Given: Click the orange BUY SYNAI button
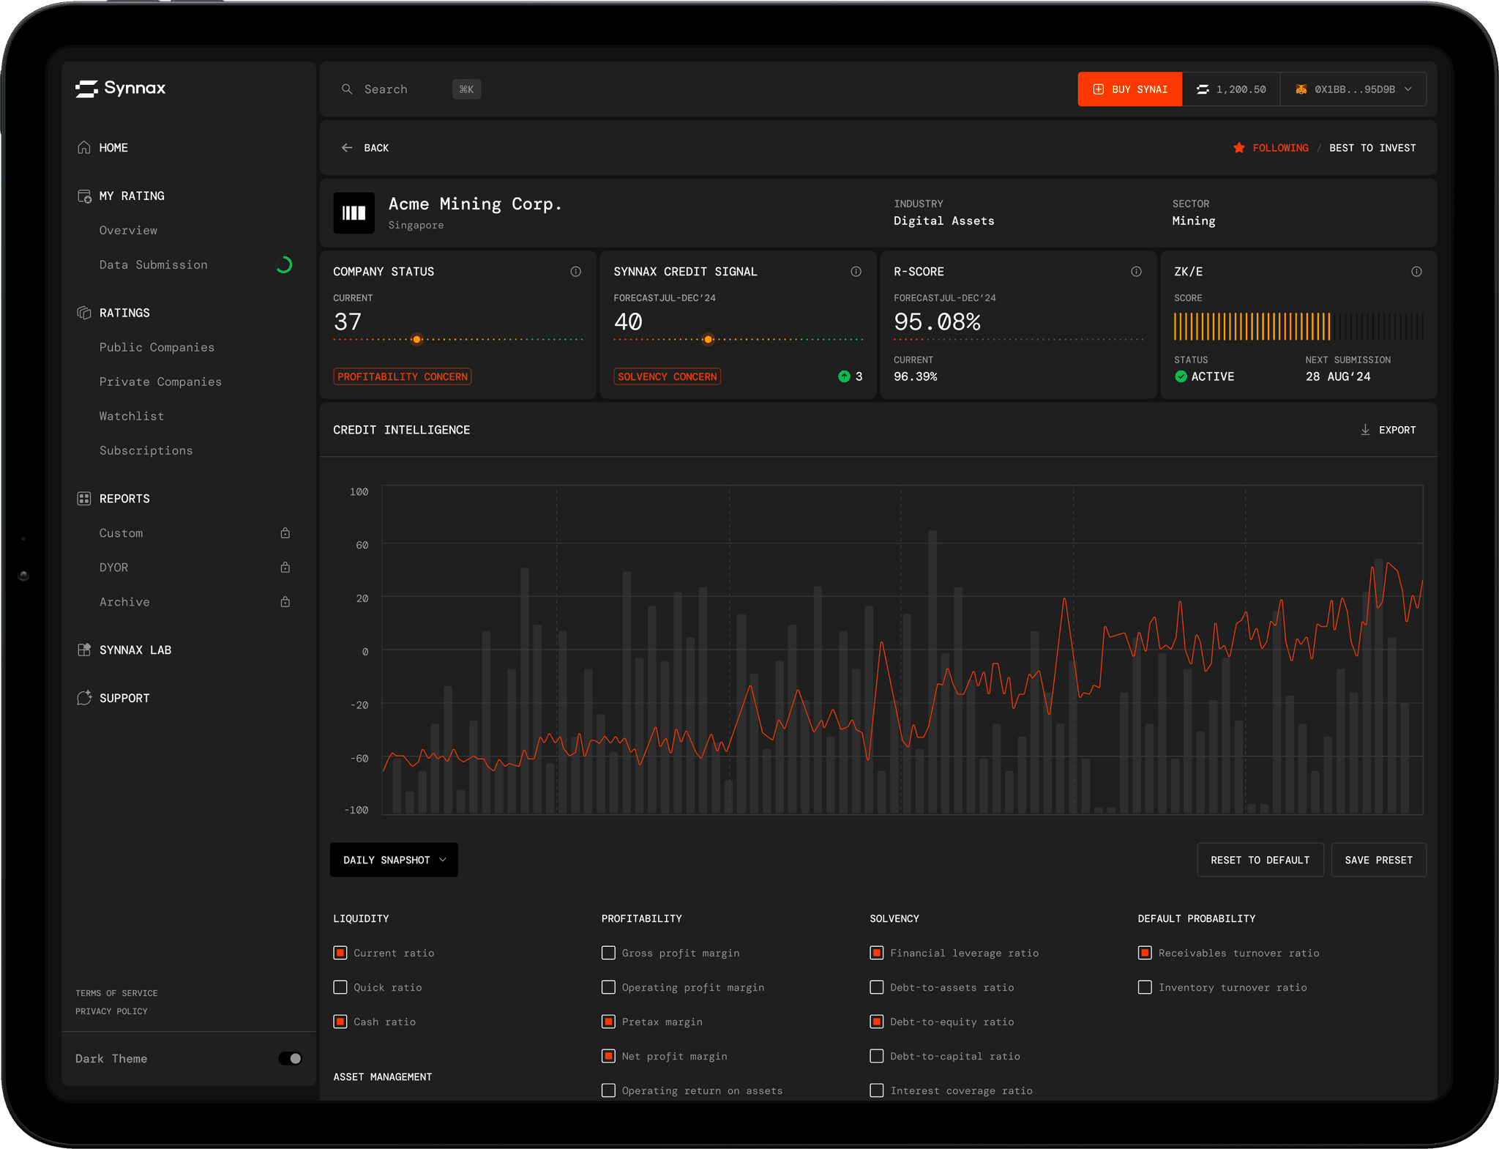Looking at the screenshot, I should (1129, 89).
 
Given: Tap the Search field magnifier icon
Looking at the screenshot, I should (347, 89).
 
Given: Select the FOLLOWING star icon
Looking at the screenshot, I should (1238, 148).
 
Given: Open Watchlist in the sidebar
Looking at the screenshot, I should (132, 416).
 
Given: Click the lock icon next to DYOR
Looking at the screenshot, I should (285, 568).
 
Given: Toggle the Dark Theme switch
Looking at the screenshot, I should (290, 1058).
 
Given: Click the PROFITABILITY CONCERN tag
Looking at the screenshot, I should (403, 376).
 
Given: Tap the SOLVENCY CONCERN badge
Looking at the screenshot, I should (667, 376).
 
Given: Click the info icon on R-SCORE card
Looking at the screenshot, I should (1136, 272).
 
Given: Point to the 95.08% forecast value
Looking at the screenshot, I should (937, 321).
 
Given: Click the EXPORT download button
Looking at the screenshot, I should (1388, 430).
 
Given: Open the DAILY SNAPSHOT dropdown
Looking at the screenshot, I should (394, 860).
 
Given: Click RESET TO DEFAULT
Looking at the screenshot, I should (1260, 860).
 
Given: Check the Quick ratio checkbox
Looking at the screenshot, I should (340, 987).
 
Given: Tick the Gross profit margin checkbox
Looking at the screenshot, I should (608, 953).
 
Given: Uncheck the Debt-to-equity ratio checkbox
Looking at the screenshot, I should (877, 1022).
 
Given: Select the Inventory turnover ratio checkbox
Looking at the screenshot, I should (1145, 987).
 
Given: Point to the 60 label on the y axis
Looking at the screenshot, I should (362, 545).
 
